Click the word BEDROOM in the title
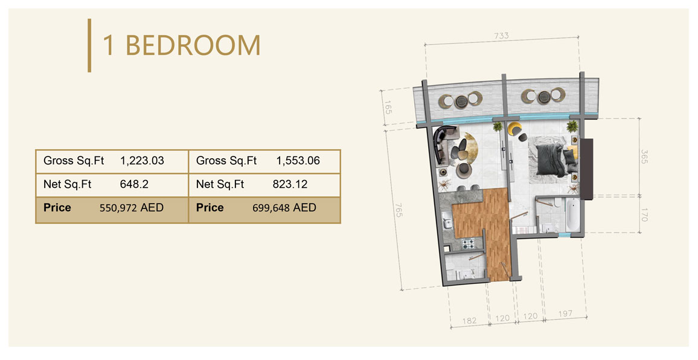pyautogui.click(x=193, y=46)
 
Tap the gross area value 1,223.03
pyautogui.click(x=142, y=161)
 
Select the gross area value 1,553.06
pyautogui.click(x=298, y=161)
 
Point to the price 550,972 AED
pyautogui.click(x=131, y=208)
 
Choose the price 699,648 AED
pyautogui.click(x=284, y=208)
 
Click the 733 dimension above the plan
pyautogui.click(x=501, y=36)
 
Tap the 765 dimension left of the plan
pyautogui.click(x=399, y=211)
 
